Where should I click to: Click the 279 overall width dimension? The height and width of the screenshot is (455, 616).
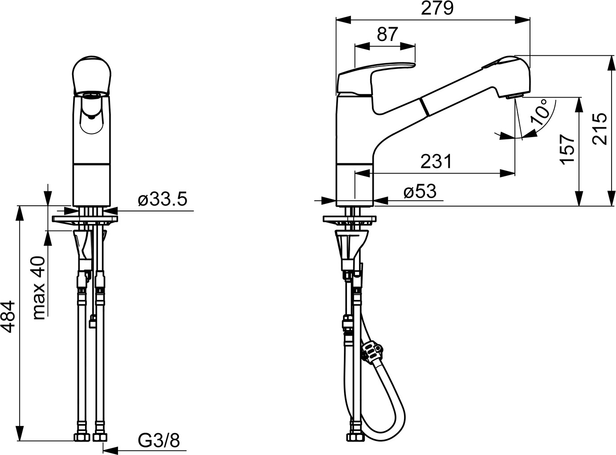(437, 8)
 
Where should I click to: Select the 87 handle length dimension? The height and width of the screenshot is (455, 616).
(387, 34)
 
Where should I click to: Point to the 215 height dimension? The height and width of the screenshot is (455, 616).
(599, 129)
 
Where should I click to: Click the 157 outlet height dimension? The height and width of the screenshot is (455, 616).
(567, 150)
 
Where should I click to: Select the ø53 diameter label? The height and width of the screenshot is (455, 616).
(420, 191)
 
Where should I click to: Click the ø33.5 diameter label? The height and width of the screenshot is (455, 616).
(163, 199)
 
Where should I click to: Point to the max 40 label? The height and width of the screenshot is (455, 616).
(38, 288)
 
